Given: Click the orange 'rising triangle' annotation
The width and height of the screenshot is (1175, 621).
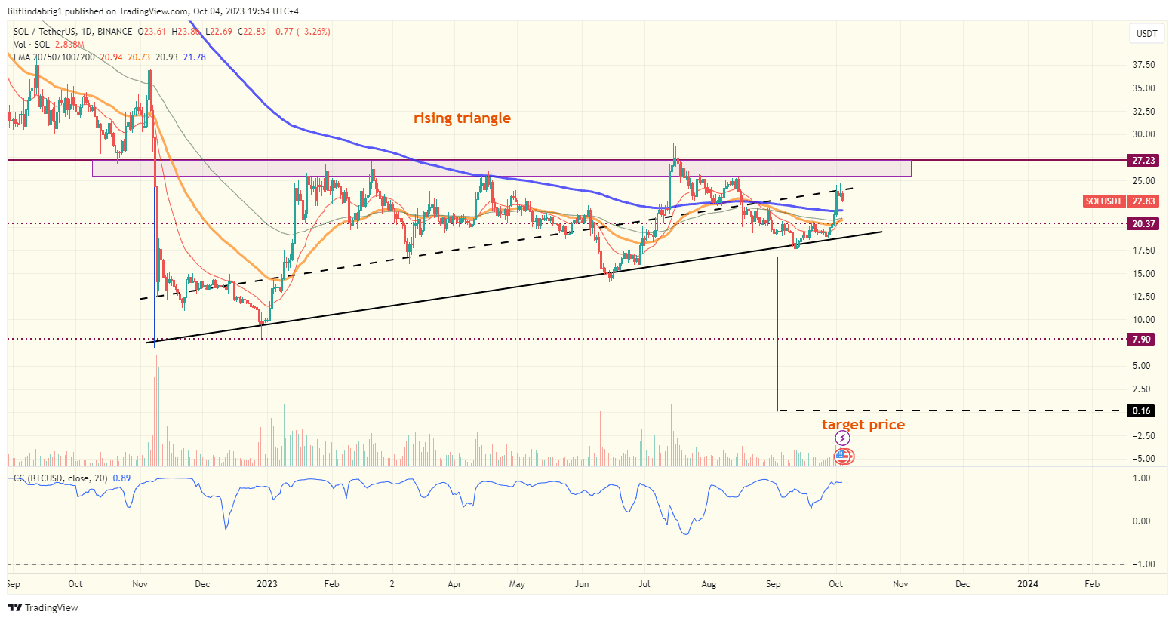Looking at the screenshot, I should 462,118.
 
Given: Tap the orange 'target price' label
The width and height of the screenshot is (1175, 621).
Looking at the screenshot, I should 863,425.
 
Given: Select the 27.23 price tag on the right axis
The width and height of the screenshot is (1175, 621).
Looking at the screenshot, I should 1143,161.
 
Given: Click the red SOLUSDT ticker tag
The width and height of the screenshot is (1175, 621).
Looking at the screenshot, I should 1103,201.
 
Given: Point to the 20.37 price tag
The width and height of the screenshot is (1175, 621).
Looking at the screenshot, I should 1143,224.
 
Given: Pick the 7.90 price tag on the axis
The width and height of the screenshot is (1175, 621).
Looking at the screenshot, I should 1142,340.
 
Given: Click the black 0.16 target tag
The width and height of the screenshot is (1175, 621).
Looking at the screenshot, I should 1142,411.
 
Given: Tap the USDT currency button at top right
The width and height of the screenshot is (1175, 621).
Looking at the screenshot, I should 1146,34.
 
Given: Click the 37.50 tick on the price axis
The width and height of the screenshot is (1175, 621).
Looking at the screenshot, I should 1143,65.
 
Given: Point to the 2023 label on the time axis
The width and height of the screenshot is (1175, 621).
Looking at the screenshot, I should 267,584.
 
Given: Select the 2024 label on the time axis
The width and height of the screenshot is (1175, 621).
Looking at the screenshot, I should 1027,584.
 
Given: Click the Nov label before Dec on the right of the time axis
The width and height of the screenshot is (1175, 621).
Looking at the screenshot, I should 900,584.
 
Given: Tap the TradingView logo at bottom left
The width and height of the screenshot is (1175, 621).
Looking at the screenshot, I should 43,607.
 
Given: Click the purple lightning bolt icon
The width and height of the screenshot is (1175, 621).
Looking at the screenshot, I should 842,438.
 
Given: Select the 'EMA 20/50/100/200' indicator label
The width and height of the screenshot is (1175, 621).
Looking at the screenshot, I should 54,57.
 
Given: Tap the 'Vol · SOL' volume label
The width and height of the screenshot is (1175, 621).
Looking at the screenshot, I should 32,45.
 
